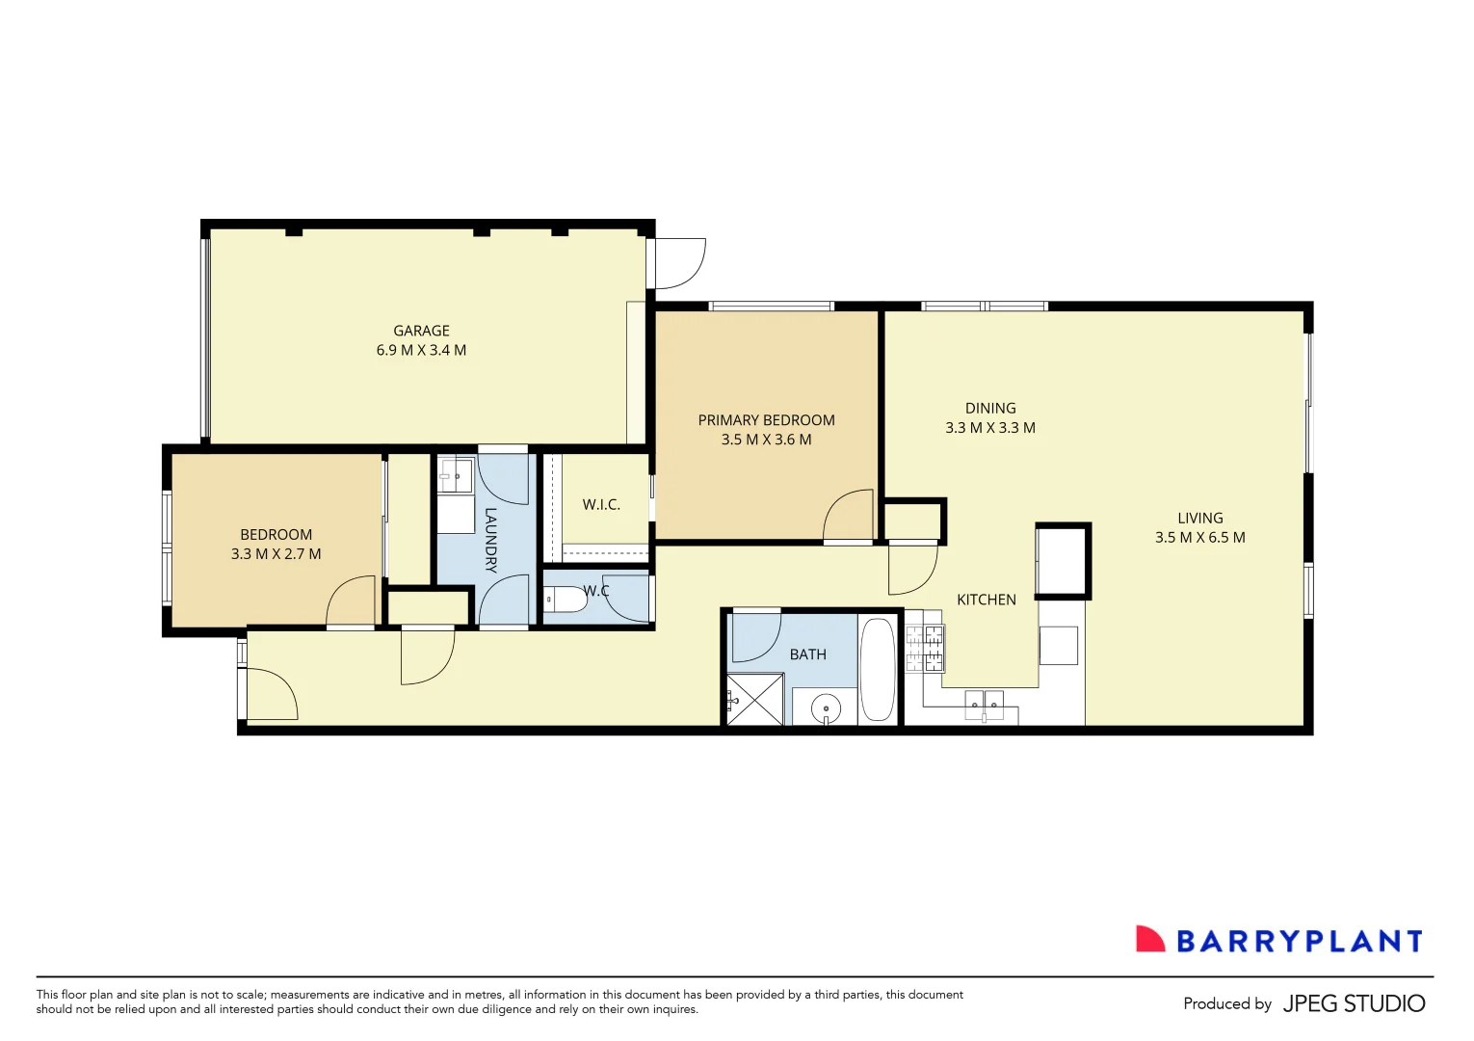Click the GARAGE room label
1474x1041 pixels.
[x=421, y=331]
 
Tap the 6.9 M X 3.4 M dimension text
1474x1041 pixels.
[x=421, y=351]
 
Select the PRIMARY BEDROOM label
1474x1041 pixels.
[x=766, y=420]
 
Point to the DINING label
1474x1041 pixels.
[x=990, y=409]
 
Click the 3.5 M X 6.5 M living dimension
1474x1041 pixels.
[x=1199, y=538]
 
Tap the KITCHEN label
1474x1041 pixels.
[x=986, y=600]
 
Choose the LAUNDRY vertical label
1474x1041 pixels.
[x=490, y=540]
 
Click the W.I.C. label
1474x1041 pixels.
[x=601, y=505]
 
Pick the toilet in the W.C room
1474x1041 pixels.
[x=566, y=600]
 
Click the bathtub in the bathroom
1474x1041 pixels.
[x=877, y=669]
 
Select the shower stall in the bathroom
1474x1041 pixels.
[x=754, y=700]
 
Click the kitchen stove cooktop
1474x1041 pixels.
[x=924, y=649]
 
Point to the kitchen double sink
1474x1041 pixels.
[x=984, y=703]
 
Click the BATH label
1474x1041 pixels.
[x=807, y=654]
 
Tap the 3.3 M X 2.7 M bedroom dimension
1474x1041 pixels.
[x=276, y=554]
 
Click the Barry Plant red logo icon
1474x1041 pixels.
[x=1149, y=940]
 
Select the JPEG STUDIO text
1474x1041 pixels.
[x=1354, y=1003]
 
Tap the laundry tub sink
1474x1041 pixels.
[x=455, y=475]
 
